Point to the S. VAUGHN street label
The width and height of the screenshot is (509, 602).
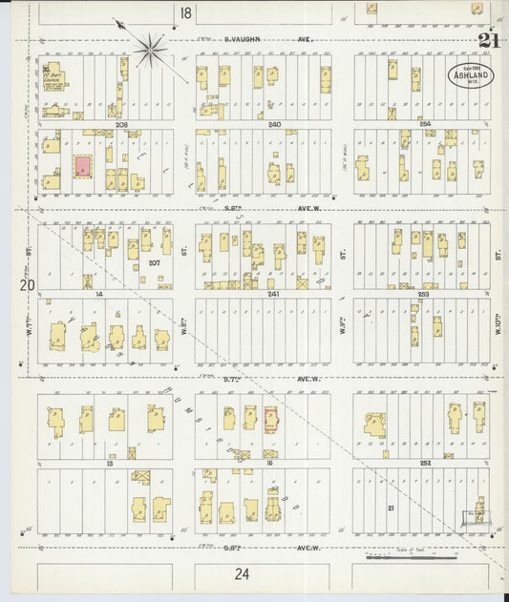(x=244, y=40)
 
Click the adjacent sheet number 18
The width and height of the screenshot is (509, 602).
(x=184, y=11)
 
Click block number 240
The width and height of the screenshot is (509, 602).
(x=275, y=125)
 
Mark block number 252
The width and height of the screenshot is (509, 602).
(x=425, y=463)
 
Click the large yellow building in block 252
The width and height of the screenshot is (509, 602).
(x=373, y=425)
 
